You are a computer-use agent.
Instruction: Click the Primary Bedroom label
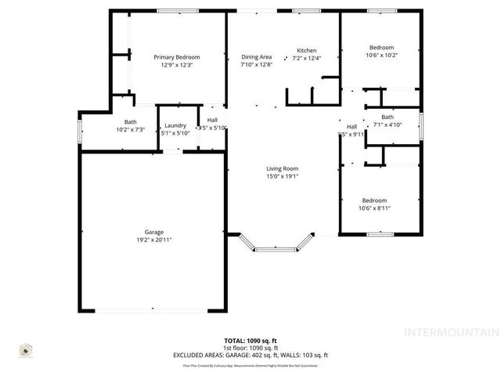pos(177,57)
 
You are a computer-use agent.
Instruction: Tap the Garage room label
pos(153,231)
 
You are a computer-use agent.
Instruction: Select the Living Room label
pos(282,168)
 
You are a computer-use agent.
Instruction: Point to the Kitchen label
pos(306,51)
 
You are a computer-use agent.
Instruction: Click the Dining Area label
pos(256,57)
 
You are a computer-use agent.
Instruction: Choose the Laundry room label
pos(175,125)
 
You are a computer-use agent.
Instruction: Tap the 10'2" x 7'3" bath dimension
pos(130,128)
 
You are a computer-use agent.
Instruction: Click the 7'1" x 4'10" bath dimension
pos(387,124)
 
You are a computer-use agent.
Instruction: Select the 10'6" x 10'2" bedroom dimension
pos(381,55)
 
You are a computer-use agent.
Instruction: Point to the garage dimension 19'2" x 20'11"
pos(153,238)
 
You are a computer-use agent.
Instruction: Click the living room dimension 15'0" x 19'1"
pos(282,176)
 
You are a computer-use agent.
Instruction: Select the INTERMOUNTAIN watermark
pos(450,332)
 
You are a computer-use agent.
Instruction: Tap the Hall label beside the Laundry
pos(212,120)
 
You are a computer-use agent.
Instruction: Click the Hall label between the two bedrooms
pos(351,127)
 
